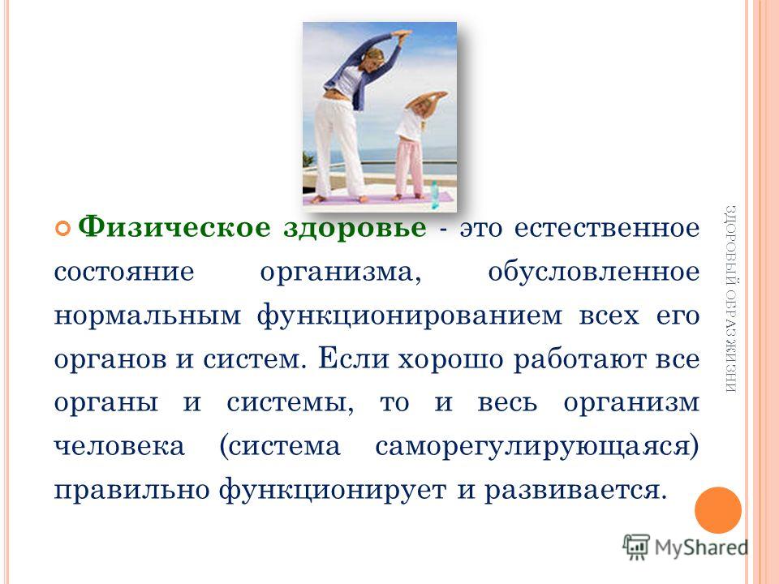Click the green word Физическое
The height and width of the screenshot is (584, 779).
pos(175,228)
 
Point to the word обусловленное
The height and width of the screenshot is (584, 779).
pos(594,272)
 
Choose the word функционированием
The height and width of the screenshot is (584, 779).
pos(409,316)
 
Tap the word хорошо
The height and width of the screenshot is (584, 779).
pos(450,359)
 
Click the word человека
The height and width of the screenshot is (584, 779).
pos(119,446)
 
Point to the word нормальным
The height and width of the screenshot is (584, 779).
pos(148,316)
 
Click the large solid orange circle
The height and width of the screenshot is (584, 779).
pos(718,510)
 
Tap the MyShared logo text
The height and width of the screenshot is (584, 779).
pos(701,547)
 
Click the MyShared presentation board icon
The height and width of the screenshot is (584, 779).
pos(636,547)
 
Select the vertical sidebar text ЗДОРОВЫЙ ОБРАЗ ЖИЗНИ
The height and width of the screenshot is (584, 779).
pos(730,299)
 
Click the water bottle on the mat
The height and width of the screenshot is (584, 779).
pos(434,194)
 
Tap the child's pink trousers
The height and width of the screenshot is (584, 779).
pos(409,167)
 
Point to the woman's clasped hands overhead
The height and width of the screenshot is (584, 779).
pos(402,36)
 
